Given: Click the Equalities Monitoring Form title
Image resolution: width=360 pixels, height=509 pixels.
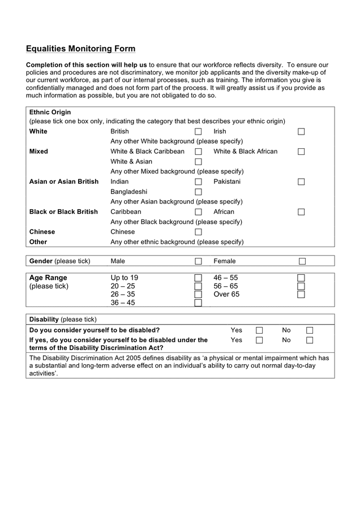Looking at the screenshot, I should (80, 49).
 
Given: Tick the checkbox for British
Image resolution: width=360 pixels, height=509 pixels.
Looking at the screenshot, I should (198, 132).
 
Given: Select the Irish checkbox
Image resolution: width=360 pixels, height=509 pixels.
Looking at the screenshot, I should (301, 132).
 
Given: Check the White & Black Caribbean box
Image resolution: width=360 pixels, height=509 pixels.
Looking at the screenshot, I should (198, 152).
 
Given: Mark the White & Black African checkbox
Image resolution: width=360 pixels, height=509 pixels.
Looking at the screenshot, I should (301, 152).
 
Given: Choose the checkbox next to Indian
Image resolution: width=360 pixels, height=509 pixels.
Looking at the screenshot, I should (198, 182).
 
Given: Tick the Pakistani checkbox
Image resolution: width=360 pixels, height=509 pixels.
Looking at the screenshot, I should (301, 182).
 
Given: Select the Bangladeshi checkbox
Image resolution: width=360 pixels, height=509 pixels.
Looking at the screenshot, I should (198, 192).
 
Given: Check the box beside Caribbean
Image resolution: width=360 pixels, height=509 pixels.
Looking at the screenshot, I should (198, 212).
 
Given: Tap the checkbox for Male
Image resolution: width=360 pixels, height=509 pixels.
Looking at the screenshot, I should (198, 261).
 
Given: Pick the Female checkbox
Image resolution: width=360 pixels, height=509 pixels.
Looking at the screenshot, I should (302, 261).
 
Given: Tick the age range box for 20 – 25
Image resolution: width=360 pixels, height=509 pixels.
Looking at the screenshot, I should (198, 286).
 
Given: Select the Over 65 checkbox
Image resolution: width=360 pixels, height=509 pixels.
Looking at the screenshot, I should (301, 295).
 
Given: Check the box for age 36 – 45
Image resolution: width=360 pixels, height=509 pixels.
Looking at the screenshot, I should (198, 303).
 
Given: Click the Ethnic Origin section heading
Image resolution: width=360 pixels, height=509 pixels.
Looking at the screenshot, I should (50, 112).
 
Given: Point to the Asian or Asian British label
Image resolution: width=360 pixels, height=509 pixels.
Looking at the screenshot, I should (63, 182).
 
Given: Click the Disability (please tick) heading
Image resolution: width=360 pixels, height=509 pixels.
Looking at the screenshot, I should (63, 319).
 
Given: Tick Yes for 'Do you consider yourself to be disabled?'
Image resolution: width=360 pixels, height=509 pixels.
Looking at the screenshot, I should (259, 330).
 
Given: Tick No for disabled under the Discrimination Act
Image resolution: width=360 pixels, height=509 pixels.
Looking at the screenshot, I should (310, 340).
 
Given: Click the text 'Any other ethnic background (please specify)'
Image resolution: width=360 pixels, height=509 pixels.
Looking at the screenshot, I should (177, 242).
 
